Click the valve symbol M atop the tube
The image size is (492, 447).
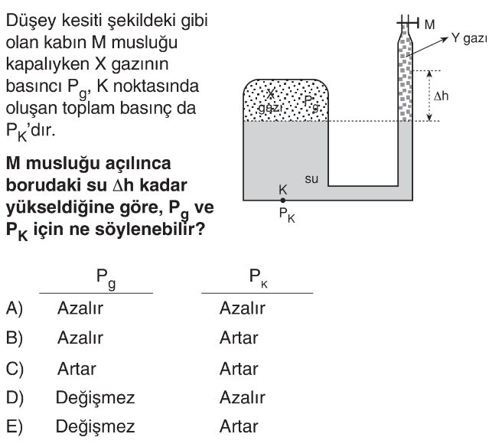point(408,23)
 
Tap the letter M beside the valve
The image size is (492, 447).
point(429,24)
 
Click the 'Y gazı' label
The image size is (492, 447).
point(469,38)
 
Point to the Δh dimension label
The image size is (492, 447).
point(441,96)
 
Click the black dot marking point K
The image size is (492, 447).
point(282,201)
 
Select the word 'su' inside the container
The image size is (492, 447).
point(311,179)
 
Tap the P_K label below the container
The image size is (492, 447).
point(287,215)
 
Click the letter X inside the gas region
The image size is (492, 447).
point(270,93)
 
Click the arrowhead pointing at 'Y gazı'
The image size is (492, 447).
point(445,38)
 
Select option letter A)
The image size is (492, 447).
point(15,308)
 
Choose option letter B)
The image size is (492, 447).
point(15,338)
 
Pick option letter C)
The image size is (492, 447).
point(15,369)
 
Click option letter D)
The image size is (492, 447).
point(15,398)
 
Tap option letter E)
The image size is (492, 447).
point(15,426)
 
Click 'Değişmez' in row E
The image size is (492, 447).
point(96,427)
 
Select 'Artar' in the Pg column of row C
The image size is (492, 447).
point(77,369)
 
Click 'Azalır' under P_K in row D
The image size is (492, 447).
point(243,398)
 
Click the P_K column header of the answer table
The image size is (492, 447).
point(258,278)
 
